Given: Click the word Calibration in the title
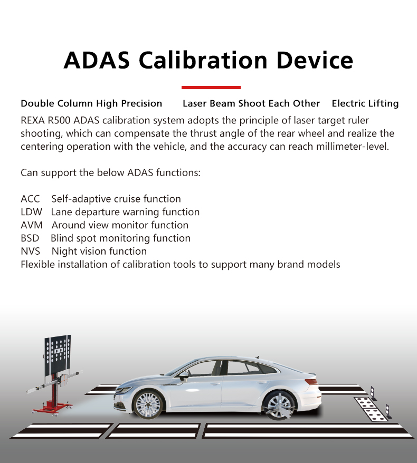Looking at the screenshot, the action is (x=203, y=60).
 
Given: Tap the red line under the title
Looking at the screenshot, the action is (x=211, y=88).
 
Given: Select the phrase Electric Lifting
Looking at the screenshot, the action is (x=365, y=104).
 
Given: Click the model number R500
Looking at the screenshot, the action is (x=59, y=120).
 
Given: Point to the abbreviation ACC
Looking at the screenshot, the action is (x=30, y=199).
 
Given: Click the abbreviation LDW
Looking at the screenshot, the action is (x=31, y=212).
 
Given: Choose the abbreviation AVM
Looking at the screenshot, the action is (x=32, y=225).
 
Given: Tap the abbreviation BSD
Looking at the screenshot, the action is (x=30, y=238).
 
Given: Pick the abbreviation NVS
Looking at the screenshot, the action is (x=30, y=252).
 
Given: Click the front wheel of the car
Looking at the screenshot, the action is (x=148, y=404).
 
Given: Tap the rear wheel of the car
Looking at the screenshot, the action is (x=279, y=404).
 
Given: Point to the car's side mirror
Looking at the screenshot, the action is (x=184, y=375).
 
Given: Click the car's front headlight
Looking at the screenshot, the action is (x=123, y=390).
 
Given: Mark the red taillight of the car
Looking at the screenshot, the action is (x=311, y=381).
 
